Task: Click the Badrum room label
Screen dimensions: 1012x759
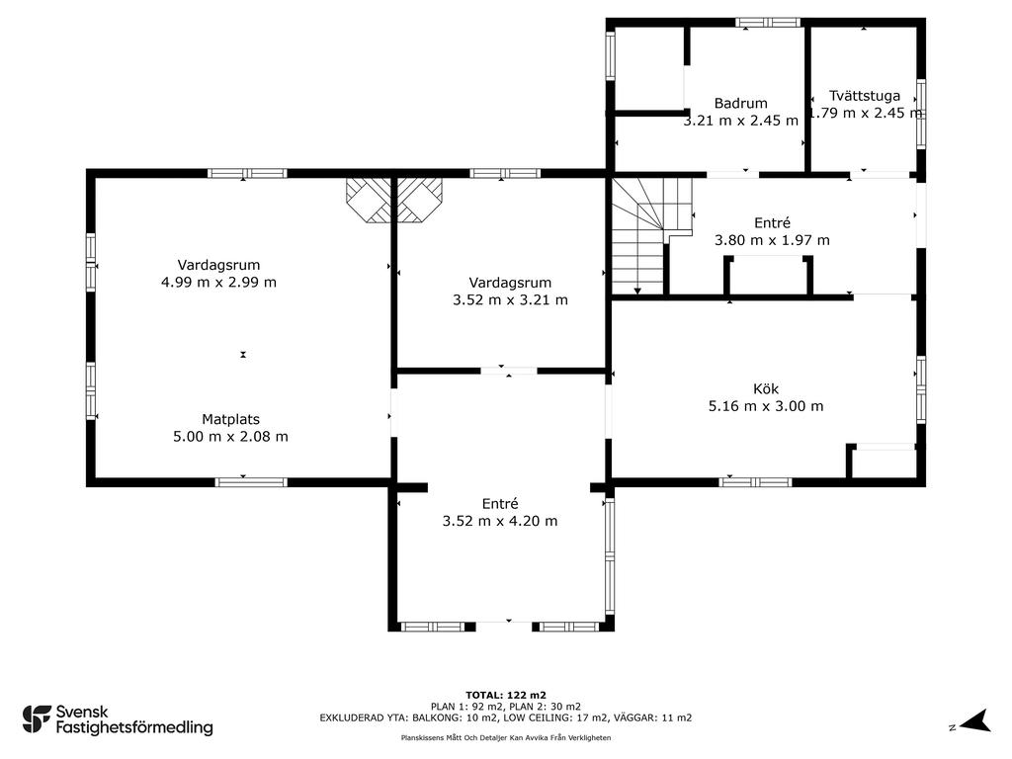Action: pyautogui.click(x=740, y=103)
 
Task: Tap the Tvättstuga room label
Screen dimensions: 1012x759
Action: pyautogui.click(x=864, y=96)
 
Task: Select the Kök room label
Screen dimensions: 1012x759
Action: pyautogui.click(x=766, y=388)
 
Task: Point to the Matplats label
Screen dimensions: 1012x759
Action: pyautogui.click(x=230, y=419)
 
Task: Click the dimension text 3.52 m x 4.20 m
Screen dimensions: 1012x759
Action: pyautogui.click(x=499, y=521)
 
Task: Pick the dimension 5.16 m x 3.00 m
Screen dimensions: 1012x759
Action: pyautogui.click(x=766, y=406)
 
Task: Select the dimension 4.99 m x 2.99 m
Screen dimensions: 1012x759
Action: pyautogui.click(x=218, y=282)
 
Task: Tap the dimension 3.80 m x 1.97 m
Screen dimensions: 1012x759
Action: pyautogui.click(x=772, y=240)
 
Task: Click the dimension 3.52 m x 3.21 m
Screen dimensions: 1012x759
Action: pyautogui.click(x=510, y=299)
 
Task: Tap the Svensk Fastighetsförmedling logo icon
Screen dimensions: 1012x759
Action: pyautogui.click(x=37, y=719)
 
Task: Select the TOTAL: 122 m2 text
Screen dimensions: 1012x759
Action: pyautogui.click(x=506, y=695)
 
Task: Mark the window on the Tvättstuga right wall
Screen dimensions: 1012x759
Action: pyautogui.click(x=921, y=114)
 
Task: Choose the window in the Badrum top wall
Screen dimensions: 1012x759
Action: pyautogui.click(x=768, y=23)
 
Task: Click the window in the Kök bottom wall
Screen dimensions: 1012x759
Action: pyautogui.click(x=755, y=481)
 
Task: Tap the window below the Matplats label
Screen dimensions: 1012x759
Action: pyautogui.click(x=251, y=481)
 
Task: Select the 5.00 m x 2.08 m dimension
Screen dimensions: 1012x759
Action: pyautogui.click(x=230, y=436)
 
